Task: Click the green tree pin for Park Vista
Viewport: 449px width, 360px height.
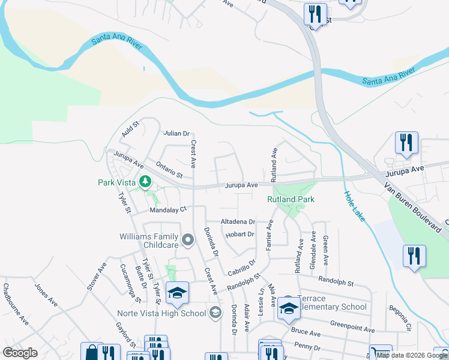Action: click(144, 181)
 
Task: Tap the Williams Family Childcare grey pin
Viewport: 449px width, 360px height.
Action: click(188, 241)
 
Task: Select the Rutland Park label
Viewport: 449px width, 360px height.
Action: click(291, 199)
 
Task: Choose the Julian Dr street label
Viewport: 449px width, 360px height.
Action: click(176, 134)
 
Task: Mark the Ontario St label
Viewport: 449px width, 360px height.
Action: click(169, 169)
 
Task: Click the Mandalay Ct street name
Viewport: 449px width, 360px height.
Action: click(169, 210)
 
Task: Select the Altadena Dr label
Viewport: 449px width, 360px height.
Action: click(238, 221)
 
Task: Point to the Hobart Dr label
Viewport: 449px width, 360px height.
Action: click(240, 234)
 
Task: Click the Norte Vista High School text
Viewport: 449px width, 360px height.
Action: click(168, 313)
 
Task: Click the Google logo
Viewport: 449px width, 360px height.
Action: click(20, 352)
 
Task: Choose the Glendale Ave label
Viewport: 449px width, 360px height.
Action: click(313, 247)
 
